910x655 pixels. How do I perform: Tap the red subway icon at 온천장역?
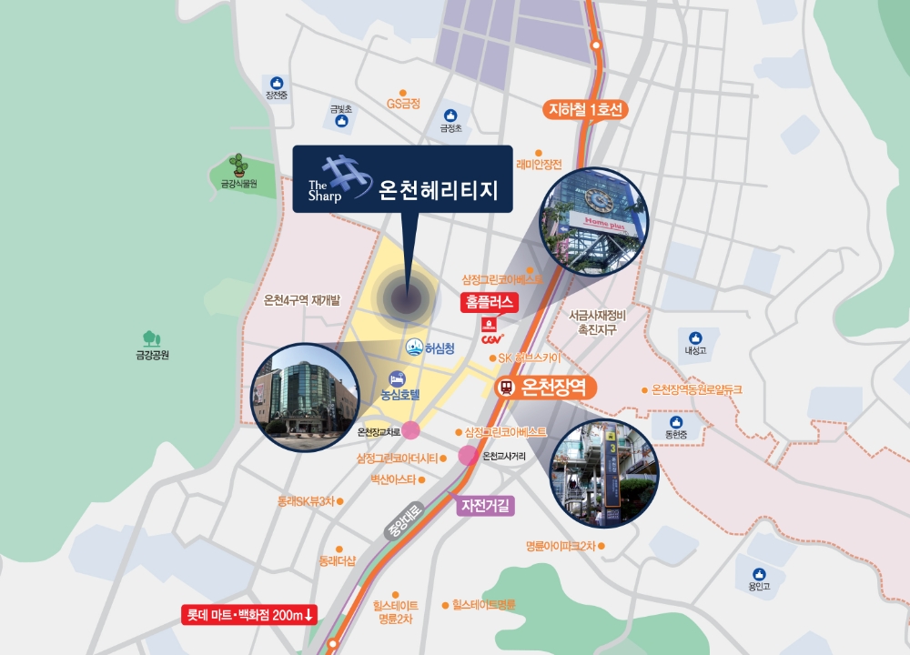tap(506, 388)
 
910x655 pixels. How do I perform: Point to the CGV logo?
tap(492, 339)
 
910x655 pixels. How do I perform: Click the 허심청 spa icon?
tap(414, 348)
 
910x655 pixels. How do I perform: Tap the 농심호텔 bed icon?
tap(397, 378)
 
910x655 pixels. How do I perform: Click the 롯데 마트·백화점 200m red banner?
tap(249, 615)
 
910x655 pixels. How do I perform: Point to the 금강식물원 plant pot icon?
tap(238, 166)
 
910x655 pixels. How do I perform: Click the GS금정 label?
tap(403, 104)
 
